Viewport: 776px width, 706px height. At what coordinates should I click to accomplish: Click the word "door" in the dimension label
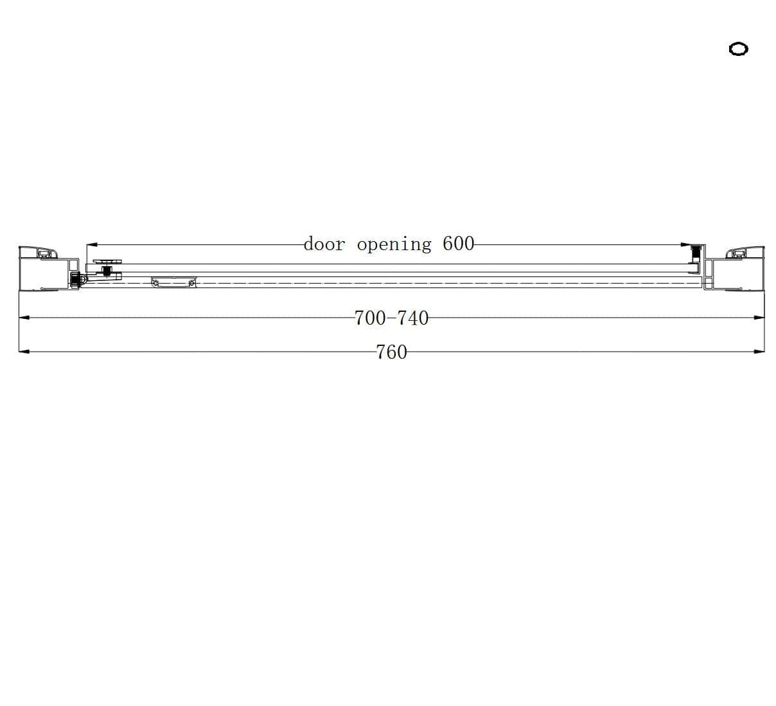[x=324, y=244]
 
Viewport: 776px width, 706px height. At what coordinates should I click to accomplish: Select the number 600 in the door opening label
[x=459, y=244]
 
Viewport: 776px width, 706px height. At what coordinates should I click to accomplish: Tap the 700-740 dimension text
[x=391, y=318]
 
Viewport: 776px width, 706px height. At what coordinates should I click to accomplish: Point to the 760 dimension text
[x=391, y=352]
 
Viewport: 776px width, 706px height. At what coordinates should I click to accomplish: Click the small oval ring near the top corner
[x=738, y=49]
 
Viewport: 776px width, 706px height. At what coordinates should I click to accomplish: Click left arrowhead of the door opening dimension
[x=91, y=244]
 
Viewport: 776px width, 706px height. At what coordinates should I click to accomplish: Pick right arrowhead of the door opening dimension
[x=686, y=244]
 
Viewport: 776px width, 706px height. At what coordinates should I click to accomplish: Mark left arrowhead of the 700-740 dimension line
[x=24, y=318]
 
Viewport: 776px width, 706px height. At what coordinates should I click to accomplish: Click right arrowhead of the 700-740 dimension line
[x=759, y=318]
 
